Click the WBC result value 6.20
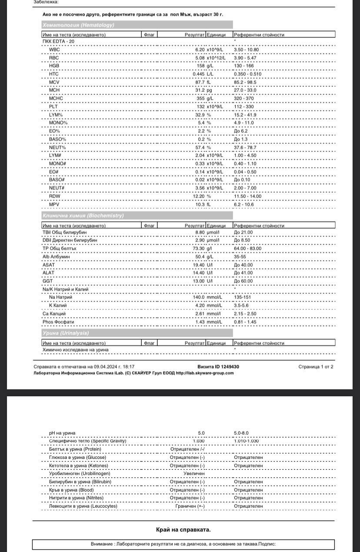[x=200, y=50]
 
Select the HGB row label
[x=54, y=66]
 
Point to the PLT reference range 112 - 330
[x=244, y=107]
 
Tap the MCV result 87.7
[x=200, y=82]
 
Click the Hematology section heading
[x=78, y=25]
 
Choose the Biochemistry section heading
[x=83, y=215]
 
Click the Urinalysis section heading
[x=66, y=333]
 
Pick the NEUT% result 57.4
[x=200, y=147]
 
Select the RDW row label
[x=54, y=196]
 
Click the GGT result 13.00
[x=199, y=281]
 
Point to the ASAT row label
[x=49, y=264]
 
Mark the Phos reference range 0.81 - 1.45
[x=245, y=322]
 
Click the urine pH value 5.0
[x=201, y=433]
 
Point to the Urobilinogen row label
[x=80, y=473]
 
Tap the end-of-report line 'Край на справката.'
[x=183, y=529]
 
